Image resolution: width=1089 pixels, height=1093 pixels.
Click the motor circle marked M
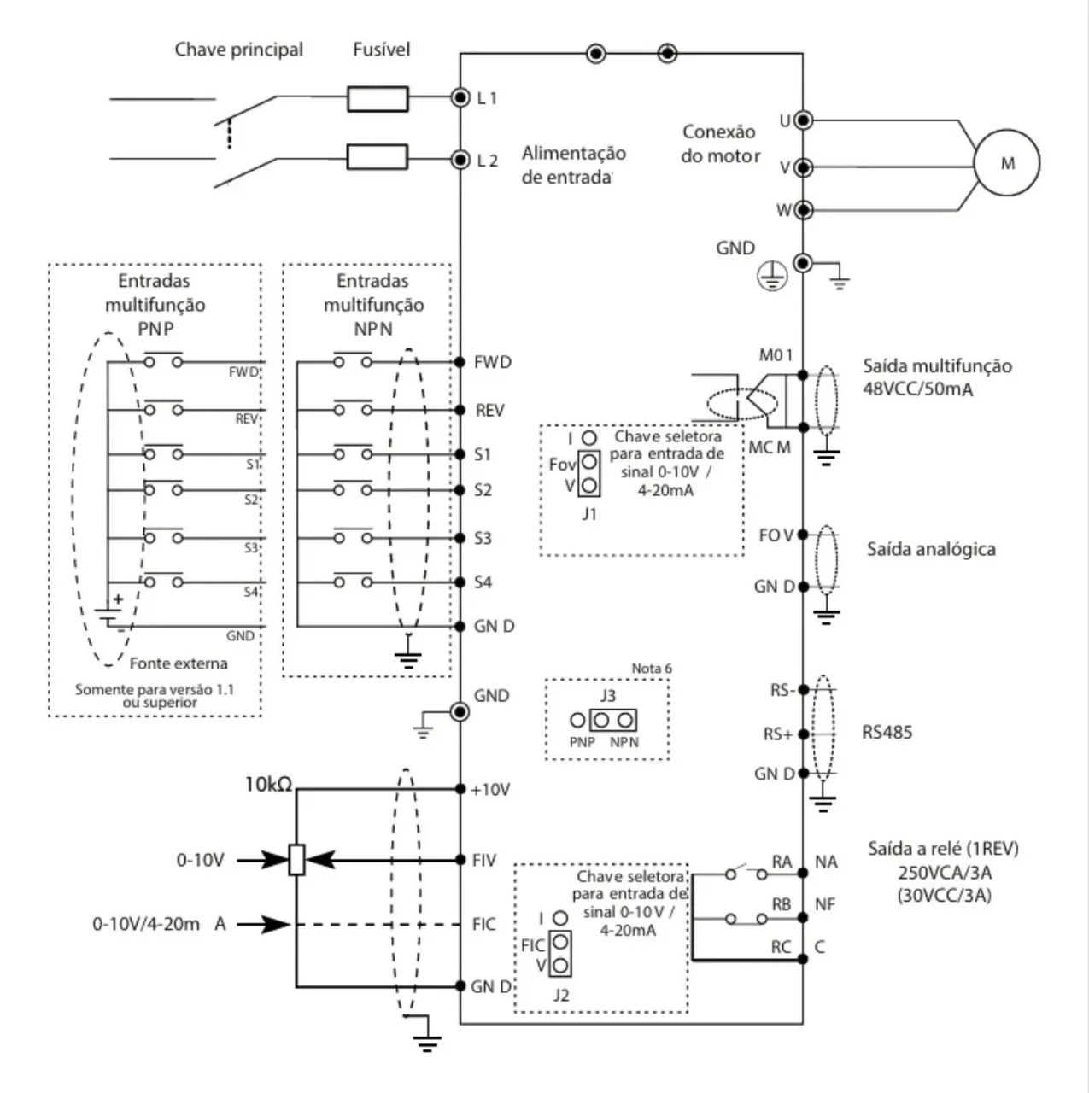click(x=1007, y=163)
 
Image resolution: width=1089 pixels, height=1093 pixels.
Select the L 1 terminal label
click(x=487, y=98)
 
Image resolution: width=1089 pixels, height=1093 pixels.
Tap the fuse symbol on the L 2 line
click(x=377, y=157)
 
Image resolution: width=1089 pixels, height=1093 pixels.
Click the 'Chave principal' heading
click(x=238, y=50)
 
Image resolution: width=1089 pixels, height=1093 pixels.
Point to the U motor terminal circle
click(x=803, y=120)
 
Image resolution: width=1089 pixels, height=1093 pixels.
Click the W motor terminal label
click(x=783, y=210)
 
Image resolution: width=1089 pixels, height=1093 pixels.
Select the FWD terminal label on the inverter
click(x=493, y=362)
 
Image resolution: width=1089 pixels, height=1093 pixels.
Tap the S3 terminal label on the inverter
click(x=483, y=538)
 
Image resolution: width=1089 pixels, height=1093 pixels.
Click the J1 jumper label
click(x=588, y=514)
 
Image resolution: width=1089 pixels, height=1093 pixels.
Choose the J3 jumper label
click(x=607, y=696)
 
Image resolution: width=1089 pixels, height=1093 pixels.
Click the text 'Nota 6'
click(x=651, y=668)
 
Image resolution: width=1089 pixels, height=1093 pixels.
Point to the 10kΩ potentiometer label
click(x=268, y=784)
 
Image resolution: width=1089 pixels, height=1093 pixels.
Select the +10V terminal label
click(x=490, y=790)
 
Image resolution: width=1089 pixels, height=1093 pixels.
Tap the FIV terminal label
click(x=484, y=860)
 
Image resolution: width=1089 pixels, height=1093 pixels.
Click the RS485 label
click(x=887, y=733)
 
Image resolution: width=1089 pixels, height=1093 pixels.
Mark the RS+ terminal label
click(x=778, y=734)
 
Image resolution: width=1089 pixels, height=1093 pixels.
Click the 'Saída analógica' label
click(x=930, y=549)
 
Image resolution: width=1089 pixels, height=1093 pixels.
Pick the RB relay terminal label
click(x=781, y=904)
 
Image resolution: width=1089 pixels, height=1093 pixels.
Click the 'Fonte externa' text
click(x=179, y=663)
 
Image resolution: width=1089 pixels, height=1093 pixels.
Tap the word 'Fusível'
click(x=381, y=50)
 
